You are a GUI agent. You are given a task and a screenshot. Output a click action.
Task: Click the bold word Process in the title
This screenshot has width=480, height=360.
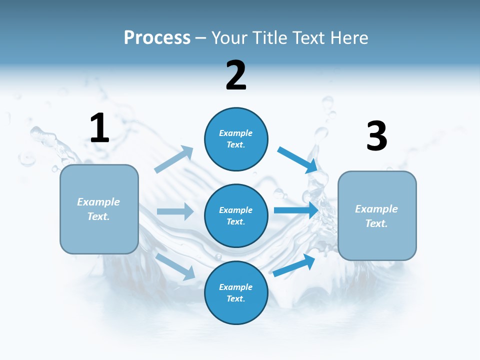157,38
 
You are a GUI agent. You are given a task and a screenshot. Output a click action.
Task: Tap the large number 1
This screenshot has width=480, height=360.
99,128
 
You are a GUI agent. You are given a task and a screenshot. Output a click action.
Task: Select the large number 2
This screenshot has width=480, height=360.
236,75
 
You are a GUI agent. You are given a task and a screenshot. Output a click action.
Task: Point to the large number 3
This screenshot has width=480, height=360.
376,136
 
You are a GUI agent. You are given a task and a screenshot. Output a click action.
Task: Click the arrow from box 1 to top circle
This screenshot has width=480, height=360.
173,159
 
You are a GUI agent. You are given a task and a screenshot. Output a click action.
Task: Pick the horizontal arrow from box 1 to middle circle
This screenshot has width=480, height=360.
175,211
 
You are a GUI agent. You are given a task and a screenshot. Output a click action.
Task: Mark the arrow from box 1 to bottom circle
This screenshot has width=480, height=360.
175,266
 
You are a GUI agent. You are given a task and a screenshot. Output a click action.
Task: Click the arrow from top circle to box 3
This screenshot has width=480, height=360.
297,159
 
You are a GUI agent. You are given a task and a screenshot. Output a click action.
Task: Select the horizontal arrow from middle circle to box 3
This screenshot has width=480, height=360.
296,210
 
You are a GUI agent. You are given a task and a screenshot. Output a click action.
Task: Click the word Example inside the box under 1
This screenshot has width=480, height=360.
98,201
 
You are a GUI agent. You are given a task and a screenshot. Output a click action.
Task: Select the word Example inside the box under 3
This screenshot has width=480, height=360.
376,209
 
